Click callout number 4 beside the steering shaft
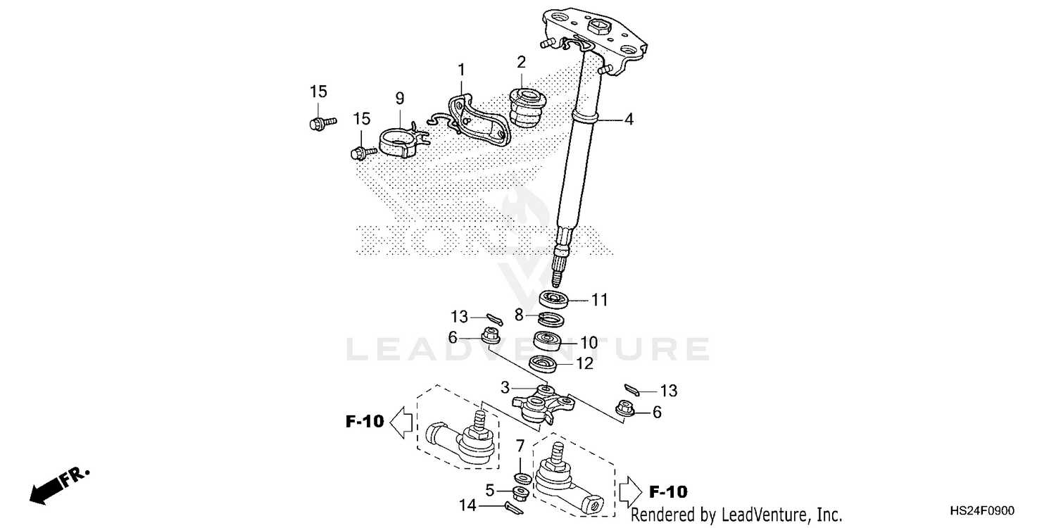[628, 120]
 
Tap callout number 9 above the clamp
[399, 98]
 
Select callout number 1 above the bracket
[461, 70]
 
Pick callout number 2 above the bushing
[521, 62]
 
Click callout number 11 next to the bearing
[598, 301]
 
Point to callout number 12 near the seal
[584, 364]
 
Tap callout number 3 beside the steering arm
[505, 387]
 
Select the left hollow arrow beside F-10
[401, 422]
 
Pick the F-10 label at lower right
[668, 491]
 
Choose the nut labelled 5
[522, 490]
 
